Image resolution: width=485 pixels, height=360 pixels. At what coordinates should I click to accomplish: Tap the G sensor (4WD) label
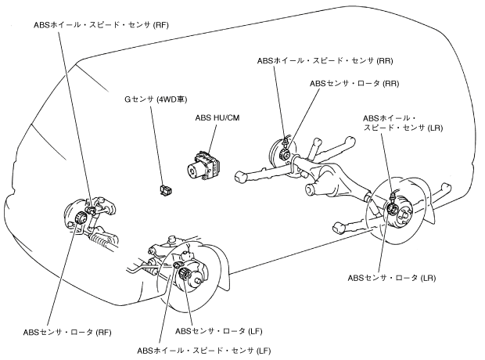(x=157, y=99)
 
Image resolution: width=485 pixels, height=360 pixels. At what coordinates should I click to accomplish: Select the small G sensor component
(x=164, y=189)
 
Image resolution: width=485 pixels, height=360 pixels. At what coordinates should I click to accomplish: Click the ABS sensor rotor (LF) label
(x=223, y=331)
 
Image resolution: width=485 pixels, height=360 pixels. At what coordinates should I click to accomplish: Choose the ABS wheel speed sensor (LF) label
(x=204, y=349)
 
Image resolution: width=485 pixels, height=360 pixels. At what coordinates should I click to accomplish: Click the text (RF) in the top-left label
(x=160, y=25)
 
